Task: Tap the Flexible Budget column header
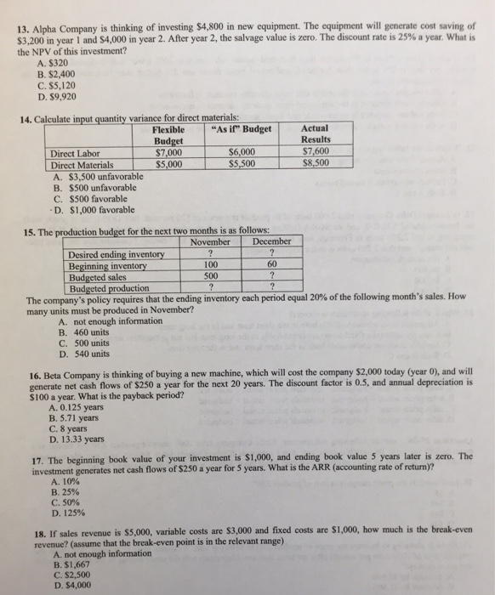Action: point(174,134)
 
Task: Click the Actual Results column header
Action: point(316,134)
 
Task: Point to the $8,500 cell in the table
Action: point(316,164)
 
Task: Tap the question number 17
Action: point(32,456)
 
